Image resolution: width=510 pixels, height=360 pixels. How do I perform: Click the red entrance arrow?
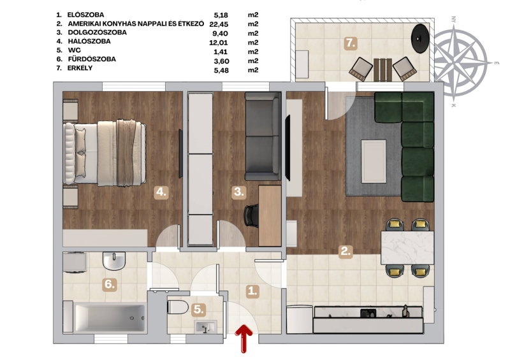point(244,338)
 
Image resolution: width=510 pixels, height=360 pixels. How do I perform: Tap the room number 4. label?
point(161,192)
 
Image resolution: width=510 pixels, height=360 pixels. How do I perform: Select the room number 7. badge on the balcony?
point(351,43)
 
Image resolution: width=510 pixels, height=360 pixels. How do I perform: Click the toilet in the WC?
point(178,307)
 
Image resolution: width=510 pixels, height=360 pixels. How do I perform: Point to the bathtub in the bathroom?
point(110,318)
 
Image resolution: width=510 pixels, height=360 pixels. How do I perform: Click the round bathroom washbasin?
point(114,261)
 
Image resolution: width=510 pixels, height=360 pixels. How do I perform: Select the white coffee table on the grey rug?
point(374,161)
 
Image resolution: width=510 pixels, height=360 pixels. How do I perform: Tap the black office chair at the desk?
point(251,215)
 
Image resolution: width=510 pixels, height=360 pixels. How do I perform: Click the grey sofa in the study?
point(263,136)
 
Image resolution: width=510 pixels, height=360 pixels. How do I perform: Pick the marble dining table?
point(407,247)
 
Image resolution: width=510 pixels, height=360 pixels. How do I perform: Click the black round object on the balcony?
point(420,38)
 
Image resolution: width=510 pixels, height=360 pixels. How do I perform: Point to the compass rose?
point(461,62)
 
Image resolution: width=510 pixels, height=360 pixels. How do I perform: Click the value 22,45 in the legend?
point(219,24)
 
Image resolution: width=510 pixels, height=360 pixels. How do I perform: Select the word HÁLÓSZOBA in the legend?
point(89,41)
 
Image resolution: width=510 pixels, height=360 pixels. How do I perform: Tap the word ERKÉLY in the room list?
point(80,68)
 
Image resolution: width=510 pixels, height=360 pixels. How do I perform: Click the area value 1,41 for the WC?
point(221,52)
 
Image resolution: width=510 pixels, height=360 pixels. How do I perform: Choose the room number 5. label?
point(198,310)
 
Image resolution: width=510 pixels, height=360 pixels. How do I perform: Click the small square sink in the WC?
point(206,327)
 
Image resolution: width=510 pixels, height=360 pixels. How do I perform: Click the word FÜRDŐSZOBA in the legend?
point(92,59)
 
